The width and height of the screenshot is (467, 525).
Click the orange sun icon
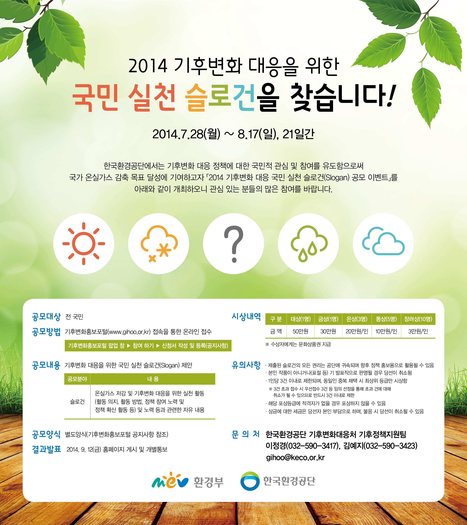tap(84, 244)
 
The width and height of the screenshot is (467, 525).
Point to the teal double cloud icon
tap(383, 241)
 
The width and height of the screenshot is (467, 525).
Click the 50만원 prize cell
tap(300, 331)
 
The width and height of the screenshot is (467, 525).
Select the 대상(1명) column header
tap(300, 319)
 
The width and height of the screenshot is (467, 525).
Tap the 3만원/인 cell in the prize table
tap(418, 331)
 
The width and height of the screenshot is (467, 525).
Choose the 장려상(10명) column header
tap(418, 319)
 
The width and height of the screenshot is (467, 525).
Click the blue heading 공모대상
tap(46, 317)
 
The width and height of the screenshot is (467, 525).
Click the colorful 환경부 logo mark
tap(170, 481)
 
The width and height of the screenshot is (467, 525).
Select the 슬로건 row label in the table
tap(77, 402)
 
